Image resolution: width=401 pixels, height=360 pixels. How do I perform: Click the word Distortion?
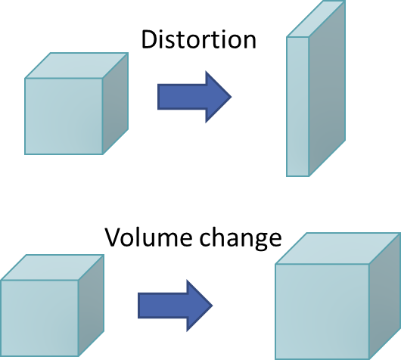[199, 39]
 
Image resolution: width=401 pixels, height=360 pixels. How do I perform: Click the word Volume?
[148, 237]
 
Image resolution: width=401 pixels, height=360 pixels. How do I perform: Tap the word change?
[241, 239]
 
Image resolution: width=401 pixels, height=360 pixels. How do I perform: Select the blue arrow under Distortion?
[194, 97]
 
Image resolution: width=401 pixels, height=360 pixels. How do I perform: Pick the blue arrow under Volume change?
[176, 306]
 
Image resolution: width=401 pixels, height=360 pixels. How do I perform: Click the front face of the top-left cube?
[64, 116]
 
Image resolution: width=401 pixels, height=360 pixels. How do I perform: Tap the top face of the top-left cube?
[76, 66]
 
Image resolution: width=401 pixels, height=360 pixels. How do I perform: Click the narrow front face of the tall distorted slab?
[297, 107]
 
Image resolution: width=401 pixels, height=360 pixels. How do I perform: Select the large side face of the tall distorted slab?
[327, 88]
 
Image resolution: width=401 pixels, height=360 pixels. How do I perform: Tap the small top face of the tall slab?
[316, 19]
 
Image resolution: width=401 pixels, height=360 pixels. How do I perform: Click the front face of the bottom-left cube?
[39, 318]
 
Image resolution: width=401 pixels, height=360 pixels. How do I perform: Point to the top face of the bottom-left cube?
[53, 268]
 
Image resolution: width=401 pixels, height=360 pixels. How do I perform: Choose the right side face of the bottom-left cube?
[91, 306]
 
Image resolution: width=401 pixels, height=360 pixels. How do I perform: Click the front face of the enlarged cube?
[322, 312]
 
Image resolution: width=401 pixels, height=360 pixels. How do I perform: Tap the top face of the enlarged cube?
[338, 248]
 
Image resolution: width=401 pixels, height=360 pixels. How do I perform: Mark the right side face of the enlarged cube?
[385, 296]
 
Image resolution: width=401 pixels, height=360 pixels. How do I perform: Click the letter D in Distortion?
[149, 39]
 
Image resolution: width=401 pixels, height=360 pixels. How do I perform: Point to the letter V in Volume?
[113, 237]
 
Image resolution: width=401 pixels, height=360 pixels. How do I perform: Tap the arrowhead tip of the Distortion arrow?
[232, 97]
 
